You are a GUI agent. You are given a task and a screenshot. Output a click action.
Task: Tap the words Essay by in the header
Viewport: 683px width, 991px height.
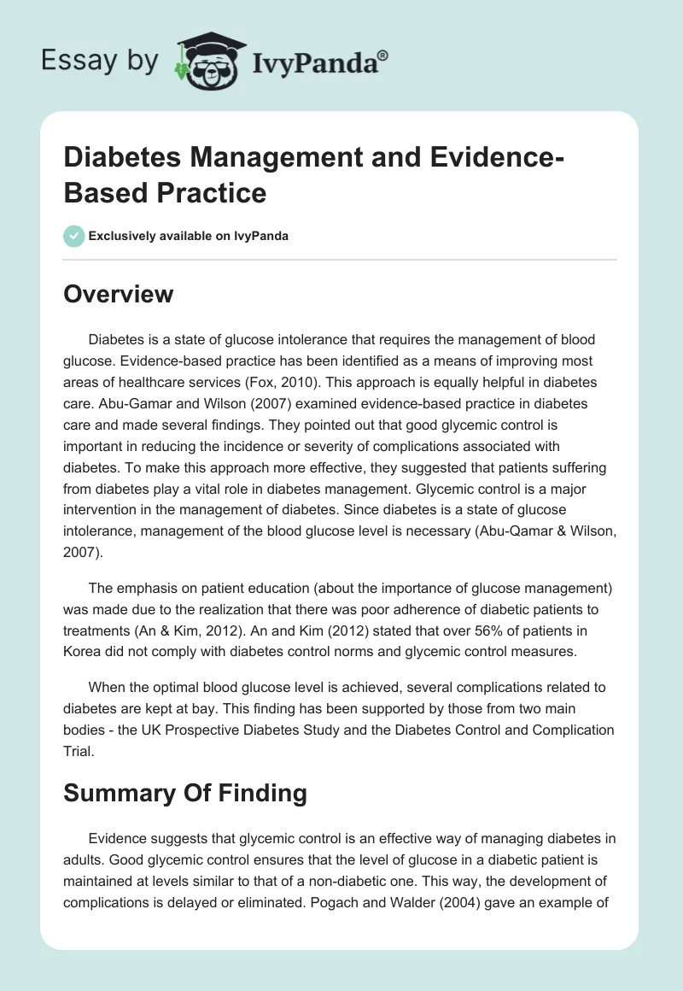(x=99, y=61)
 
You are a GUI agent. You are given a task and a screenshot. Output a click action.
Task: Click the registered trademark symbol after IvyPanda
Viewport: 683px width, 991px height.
(x=383, y=56)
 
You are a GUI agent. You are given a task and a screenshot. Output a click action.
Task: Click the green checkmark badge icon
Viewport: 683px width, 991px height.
(x=74, y=236)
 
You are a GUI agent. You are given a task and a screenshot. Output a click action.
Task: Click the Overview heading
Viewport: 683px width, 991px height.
(x=120, y=295)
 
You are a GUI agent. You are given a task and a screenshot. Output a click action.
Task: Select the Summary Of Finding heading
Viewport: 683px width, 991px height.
(x=185, y=793)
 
